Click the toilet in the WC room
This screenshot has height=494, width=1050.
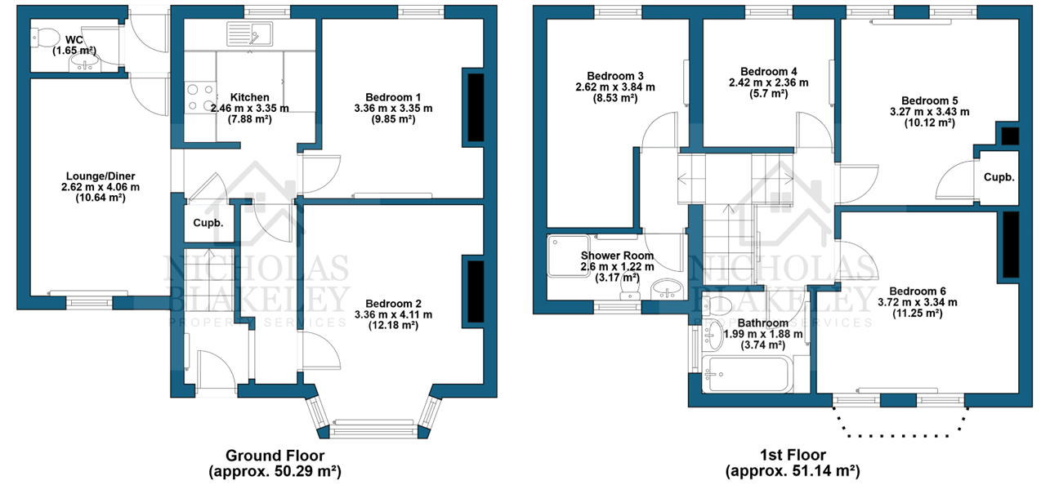[44, 37]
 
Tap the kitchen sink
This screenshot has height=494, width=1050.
[249, 33]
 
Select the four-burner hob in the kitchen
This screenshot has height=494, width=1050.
[200, 97]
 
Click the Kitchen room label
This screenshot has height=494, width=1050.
[249, 97]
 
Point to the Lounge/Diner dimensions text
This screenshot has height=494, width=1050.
[101, 187]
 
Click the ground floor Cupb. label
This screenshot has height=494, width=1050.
[208, 223]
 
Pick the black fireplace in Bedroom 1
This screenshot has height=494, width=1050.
[476, 107]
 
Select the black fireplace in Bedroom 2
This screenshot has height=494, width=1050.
[476, 292]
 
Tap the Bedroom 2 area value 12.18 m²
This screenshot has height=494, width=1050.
[393, 325]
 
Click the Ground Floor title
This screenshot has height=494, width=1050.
[275, 455]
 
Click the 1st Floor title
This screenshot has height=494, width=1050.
[793, 455]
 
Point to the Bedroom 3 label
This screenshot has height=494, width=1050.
[615, 76]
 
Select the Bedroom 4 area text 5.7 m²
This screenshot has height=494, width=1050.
[768, 94]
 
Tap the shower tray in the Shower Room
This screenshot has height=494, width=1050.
[569, 256]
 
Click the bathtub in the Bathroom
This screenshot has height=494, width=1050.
[747, 374]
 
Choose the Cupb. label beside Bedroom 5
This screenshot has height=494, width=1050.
[999, 177]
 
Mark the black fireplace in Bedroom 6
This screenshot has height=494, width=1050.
[1011, 244]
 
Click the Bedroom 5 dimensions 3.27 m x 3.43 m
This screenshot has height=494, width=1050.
[930, 112]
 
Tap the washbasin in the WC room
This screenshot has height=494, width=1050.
[85, 63]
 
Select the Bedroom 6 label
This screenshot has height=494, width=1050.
[918, 292]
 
